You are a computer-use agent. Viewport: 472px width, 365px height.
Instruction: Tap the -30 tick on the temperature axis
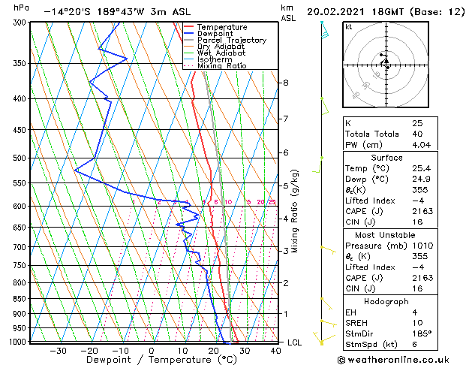[x=58, y=350]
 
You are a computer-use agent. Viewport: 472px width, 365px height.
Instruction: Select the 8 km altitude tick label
[x=285, y=83]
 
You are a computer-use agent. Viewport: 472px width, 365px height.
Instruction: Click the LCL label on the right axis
[x=296, y=342]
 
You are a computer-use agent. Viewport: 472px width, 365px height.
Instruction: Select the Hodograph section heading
[x=386, y=301]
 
